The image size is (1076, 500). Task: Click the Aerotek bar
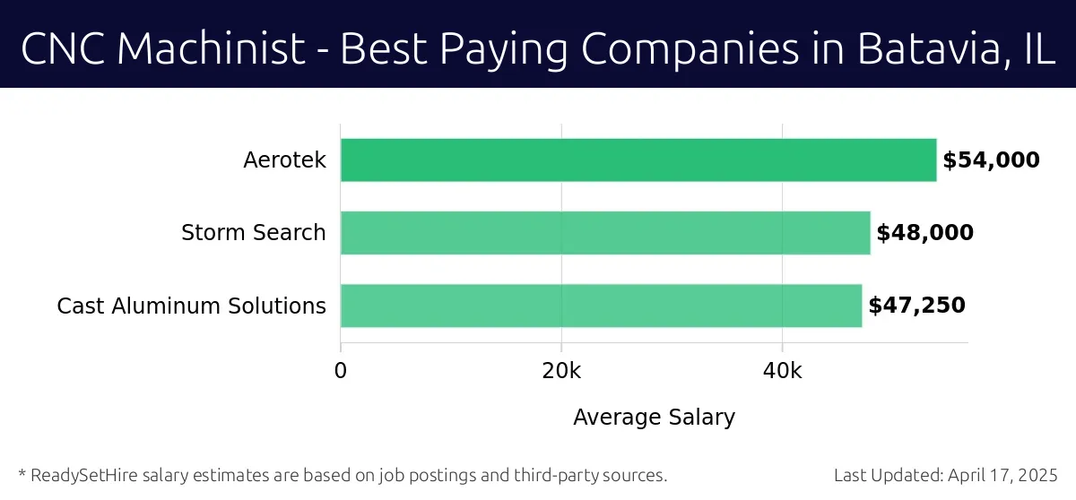[x=638, y=160]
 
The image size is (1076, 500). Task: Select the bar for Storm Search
[x=605, y=233]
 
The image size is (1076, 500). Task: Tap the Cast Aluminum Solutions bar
[x=601, y=306]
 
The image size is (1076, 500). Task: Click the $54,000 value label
[x=991, y=160]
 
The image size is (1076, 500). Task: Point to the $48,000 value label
[x=924, y=233]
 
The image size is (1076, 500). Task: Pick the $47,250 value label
[x=916, y=306]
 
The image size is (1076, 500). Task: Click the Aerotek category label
[x=284, y=160]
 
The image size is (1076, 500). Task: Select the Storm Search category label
[x=253, y=233]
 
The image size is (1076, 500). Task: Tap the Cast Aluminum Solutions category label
[x=191, y=306]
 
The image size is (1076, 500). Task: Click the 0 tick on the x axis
[x=341, y=371]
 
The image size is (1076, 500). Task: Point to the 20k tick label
[x=561, y=371]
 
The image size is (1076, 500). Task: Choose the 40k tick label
[x=782, y=371]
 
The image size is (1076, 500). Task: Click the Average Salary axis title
[x=654, y=417]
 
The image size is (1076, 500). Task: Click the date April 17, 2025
[x=1003, y=475]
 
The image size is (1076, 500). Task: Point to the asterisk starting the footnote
[x=22, y=473]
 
